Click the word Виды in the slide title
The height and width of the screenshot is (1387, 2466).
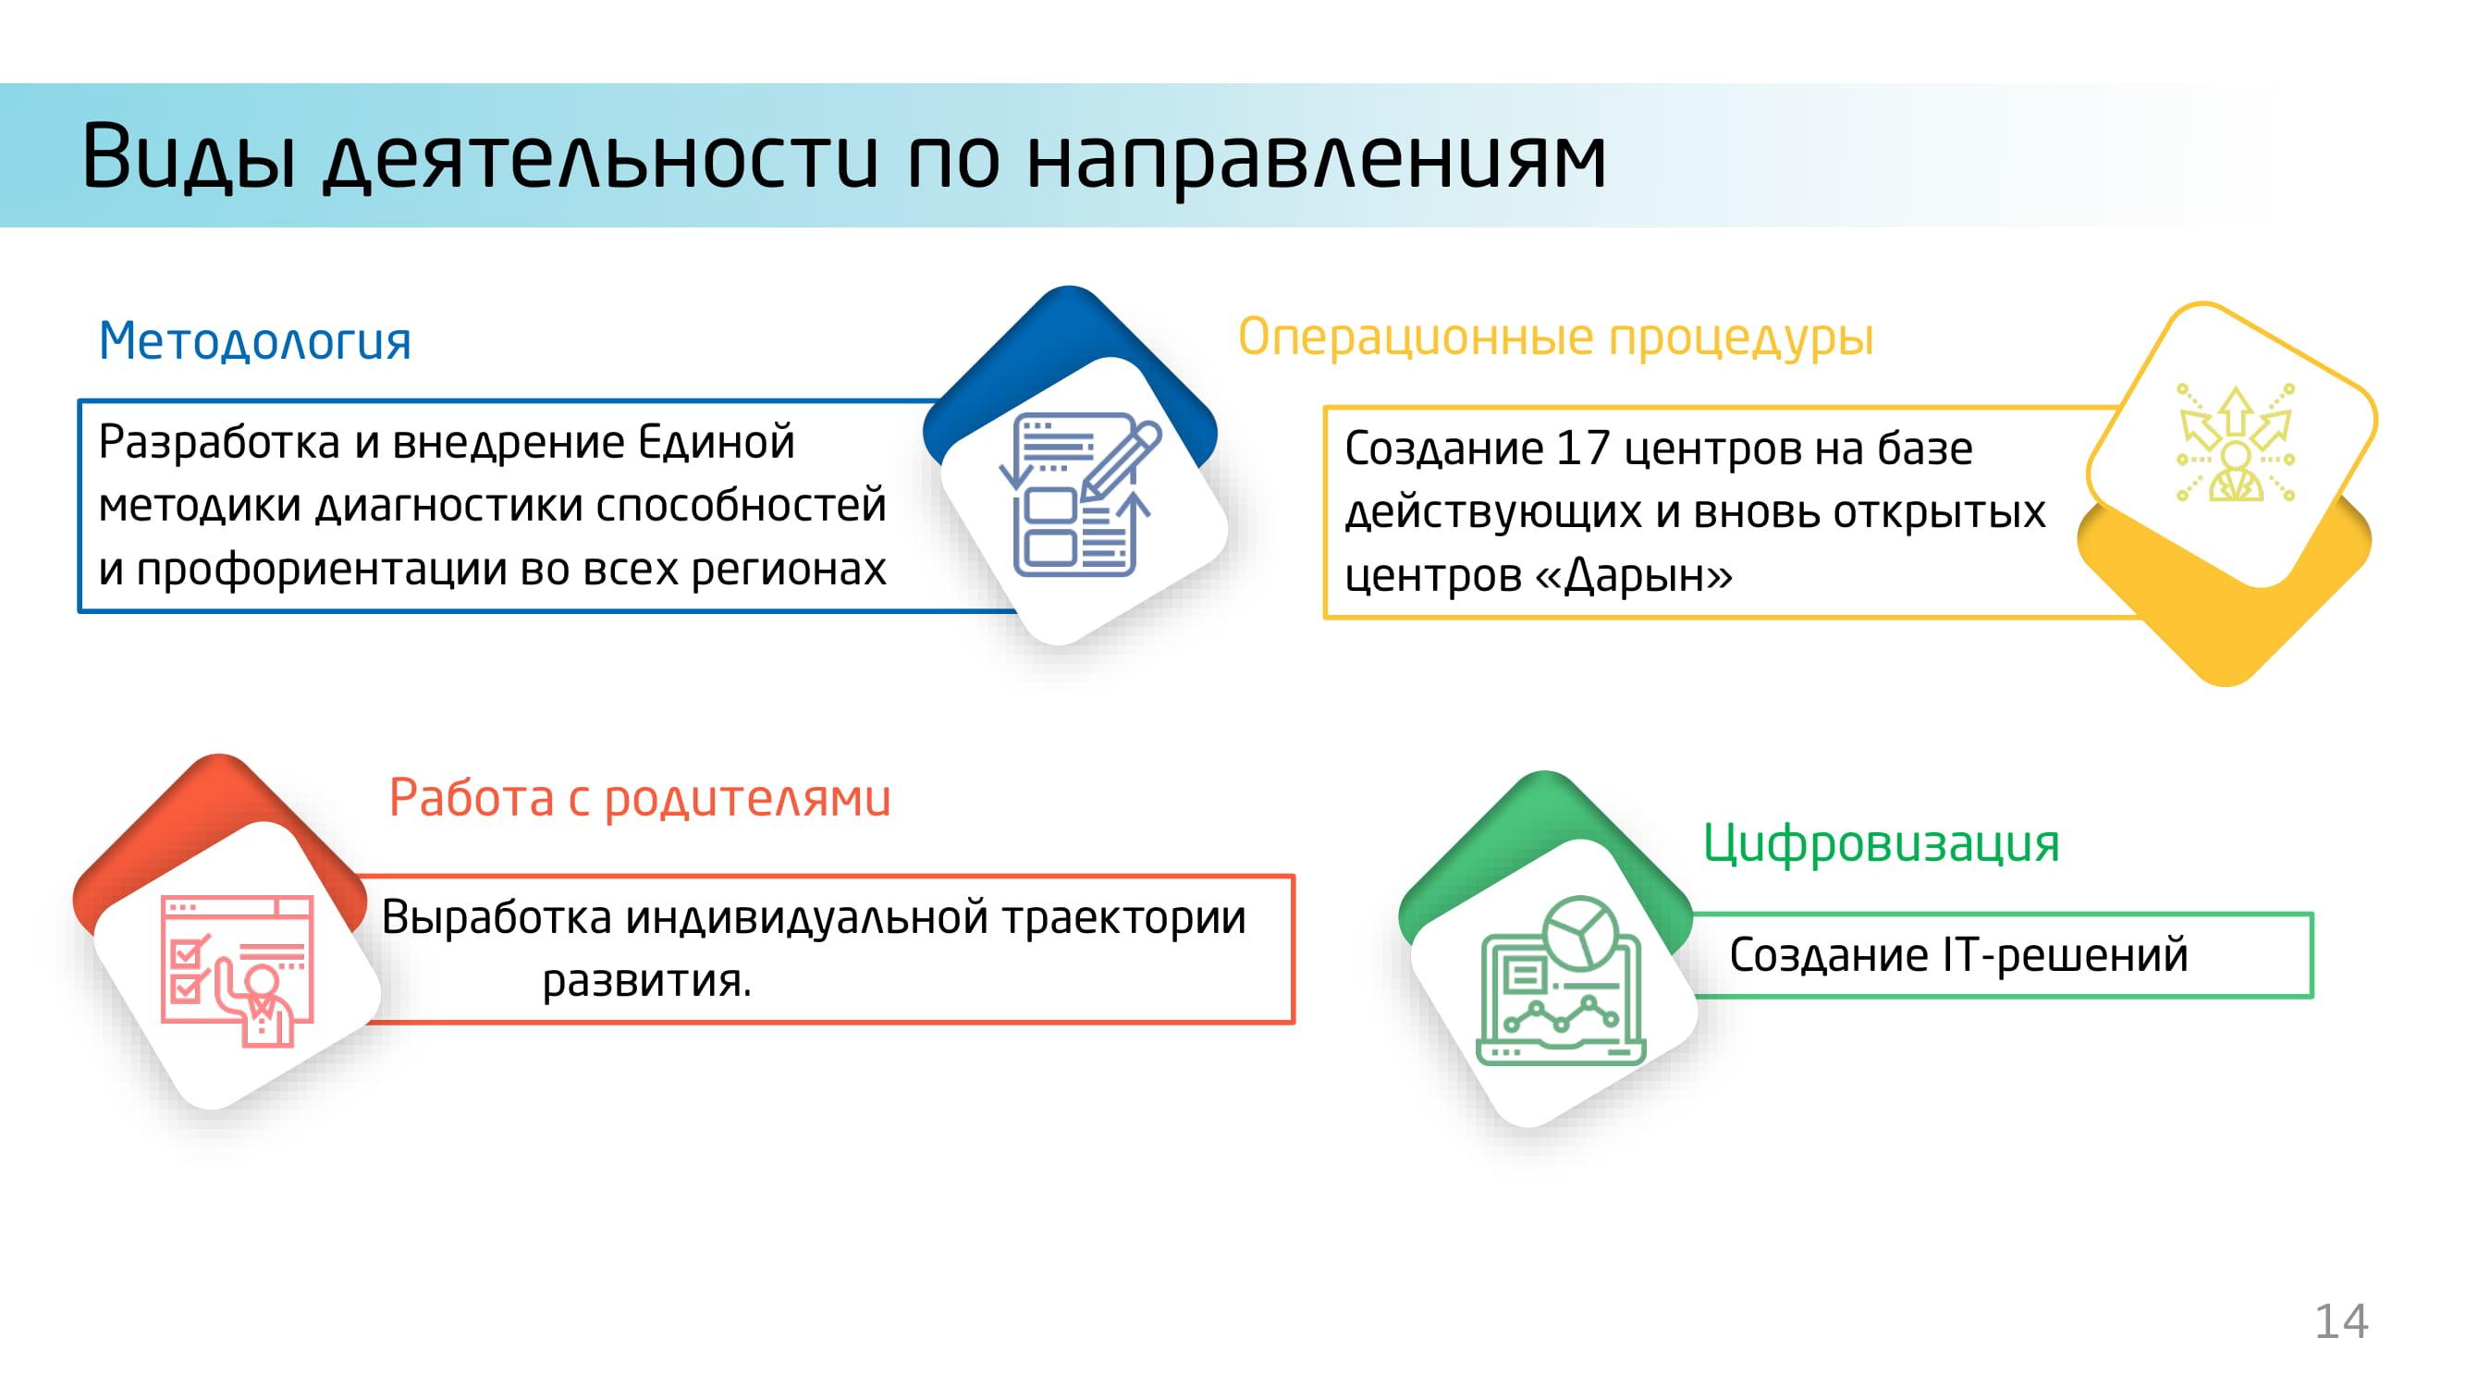(189, 156)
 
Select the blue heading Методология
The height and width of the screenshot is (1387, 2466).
(254, 341)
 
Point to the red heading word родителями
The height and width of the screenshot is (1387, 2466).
(748, 798)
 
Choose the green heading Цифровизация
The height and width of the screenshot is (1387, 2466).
(1881, 844)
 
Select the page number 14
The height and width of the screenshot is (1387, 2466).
(2340, 1322)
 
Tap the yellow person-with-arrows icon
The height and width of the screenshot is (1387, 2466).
(2234, 443)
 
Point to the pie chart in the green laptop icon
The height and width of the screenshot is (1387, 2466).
(1581, 932)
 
